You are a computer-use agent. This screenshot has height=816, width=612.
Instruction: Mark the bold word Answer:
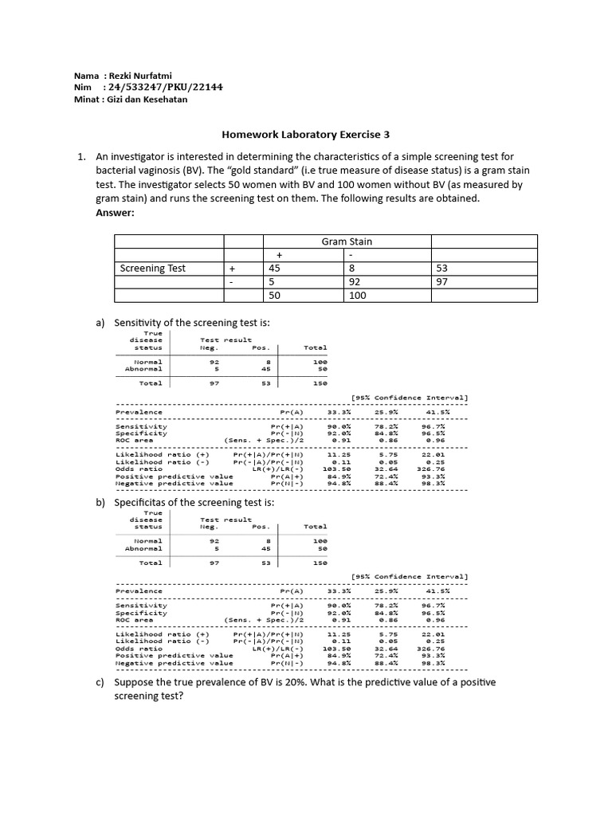(115, 212)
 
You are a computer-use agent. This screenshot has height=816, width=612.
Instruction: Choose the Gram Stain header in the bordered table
(347, 241)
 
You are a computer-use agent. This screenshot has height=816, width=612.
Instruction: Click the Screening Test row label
(152, 269)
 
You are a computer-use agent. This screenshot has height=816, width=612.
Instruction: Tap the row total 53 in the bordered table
(443, 269)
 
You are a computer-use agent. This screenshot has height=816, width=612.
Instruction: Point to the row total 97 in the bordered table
(443, 282)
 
